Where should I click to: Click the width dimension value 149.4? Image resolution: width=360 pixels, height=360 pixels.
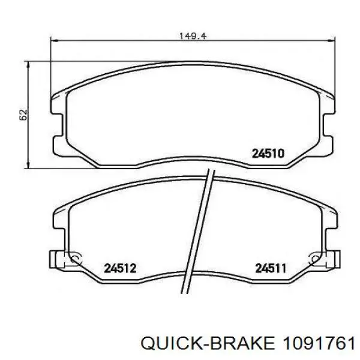click(193, 36)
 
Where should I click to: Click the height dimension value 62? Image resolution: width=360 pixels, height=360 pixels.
click(23, 115)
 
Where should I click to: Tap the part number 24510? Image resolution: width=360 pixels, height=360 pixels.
click(268, 154)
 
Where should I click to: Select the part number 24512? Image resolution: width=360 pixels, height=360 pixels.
click(121, 268)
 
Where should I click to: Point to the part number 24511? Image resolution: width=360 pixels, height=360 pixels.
click(271, 268)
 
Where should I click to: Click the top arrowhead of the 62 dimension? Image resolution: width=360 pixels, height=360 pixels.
click(28, 64)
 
